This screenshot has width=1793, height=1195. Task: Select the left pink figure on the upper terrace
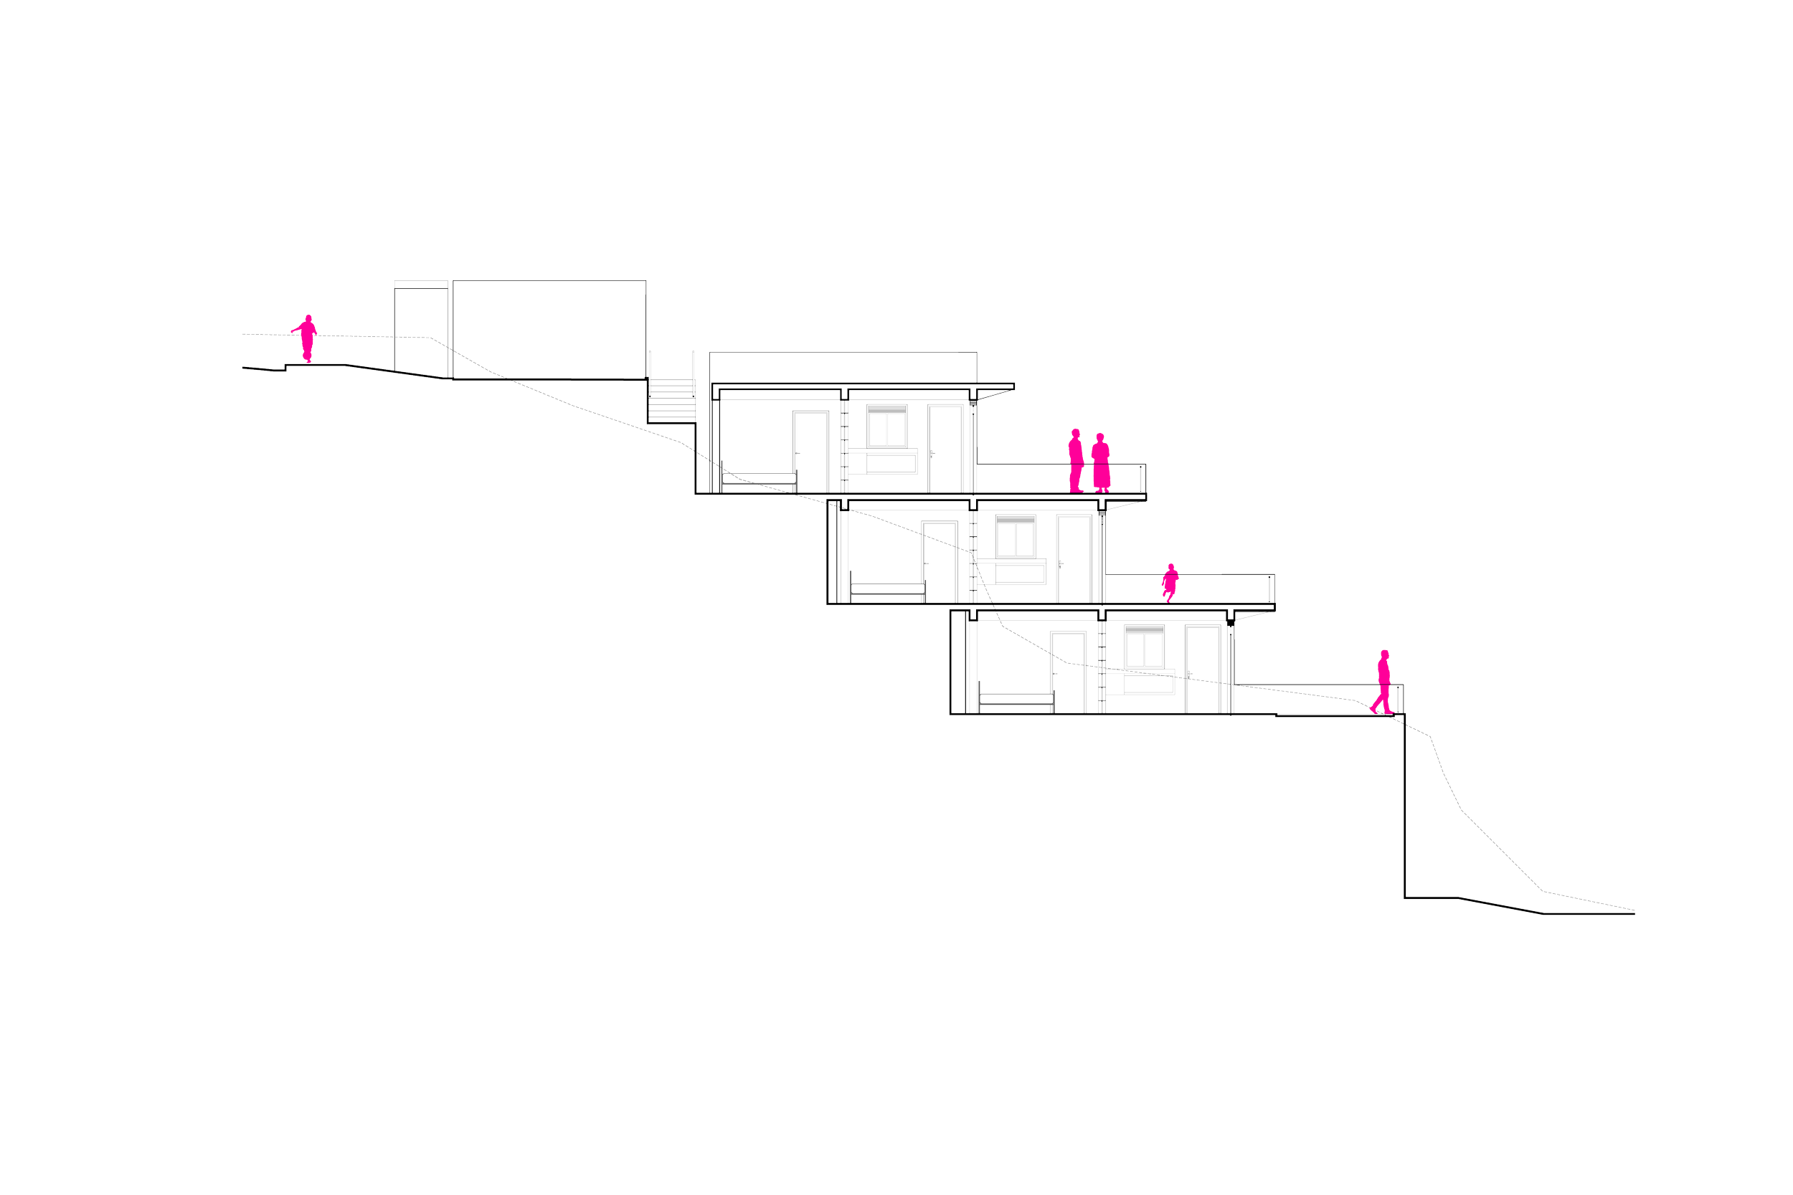1076,460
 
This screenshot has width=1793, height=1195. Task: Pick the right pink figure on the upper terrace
1101,462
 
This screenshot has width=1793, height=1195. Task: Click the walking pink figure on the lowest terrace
1383,680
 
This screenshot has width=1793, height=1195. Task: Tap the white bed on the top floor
759,479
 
